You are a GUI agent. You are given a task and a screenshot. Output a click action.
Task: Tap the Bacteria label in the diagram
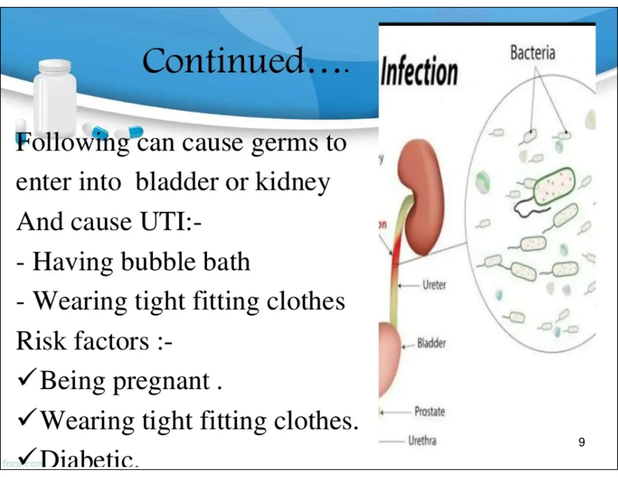click(533, 53)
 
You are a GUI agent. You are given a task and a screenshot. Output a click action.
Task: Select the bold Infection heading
click(419, 72)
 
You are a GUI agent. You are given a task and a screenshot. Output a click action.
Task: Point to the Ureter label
click(434, 285)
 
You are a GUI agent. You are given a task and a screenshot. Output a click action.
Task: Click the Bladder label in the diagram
click(431, 343)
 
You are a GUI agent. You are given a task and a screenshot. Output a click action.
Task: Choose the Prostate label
click(429, 411)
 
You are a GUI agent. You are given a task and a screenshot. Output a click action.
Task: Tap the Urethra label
click(422, 441)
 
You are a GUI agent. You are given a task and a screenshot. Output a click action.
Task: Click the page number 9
click(581, 442)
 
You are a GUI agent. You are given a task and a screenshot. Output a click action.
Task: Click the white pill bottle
click(55, 90)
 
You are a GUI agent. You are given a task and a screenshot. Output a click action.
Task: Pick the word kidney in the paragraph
click(292, 182)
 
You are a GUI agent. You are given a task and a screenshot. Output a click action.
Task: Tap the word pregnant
click(161, 381)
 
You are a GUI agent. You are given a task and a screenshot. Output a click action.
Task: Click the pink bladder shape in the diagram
click(389, 359)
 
